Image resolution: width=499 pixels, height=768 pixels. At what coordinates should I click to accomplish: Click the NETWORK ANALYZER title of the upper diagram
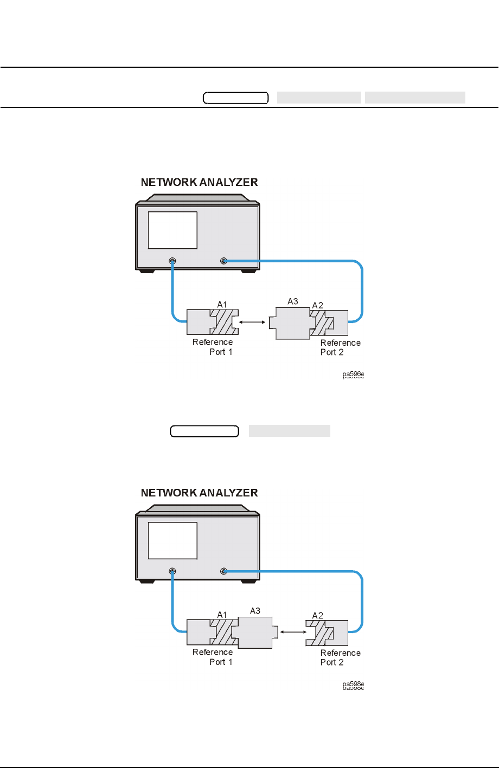(199, 183)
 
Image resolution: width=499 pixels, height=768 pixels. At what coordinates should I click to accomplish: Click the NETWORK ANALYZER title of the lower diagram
(199, 493)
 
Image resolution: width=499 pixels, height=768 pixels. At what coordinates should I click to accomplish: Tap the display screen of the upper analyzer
(172, 230)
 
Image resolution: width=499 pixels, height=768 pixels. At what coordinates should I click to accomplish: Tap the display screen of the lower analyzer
(172, 540)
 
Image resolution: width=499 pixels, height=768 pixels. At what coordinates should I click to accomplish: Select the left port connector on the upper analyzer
(172, 261)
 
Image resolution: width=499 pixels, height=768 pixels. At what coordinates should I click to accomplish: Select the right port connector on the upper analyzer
(223, 261)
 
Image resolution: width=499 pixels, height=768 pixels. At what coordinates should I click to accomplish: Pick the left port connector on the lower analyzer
(172, 571)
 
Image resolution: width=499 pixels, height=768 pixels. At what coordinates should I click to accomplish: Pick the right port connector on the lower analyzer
(223, 571)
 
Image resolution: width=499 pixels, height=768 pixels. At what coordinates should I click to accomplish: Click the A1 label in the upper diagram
(222, 305)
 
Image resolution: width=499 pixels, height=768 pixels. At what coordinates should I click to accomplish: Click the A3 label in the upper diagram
(292, 301)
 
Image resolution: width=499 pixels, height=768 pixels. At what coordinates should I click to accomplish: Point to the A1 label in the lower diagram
(222, 615)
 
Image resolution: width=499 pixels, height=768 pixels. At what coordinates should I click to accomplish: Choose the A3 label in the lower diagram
(255, 611)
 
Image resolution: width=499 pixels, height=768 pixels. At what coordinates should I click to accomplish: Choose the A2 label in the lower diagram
(318, 615)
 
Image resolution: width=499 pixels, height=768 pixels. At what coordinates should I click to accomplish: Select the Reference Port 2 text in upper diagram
(340, 347)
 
